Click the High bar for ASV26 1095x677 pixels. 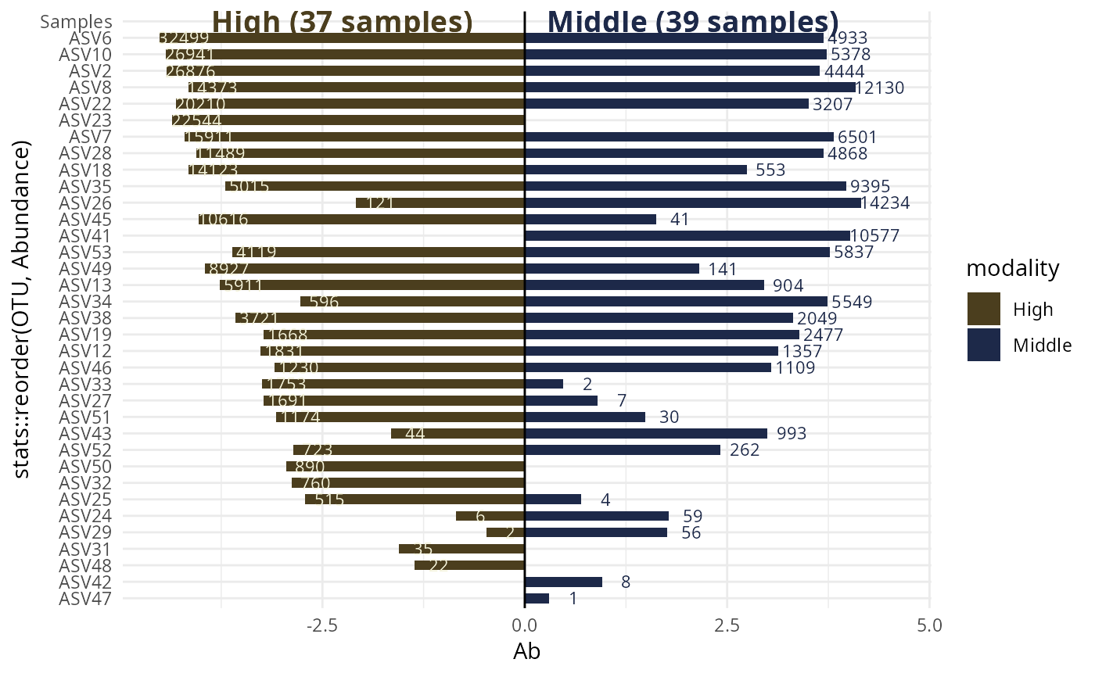[440, 203]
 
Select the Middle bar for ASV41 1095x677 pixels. [687, 236]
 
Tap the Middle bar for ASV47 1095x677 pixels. [537, 599]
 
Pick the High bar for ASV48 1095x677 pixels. [469, 565]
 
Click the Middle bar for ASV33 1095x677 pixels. [544, 384]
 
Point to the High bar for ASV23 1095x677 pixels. [348, 120]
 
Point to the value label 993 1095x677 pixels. [791, 434]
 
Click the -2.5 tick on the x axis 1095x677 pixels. [321, 625]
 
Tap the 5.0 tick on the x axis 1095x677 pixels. [929, 625]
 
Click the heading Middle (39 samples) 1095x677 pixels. [692, 21]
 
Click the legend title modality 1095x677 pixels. [1013, 269]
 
